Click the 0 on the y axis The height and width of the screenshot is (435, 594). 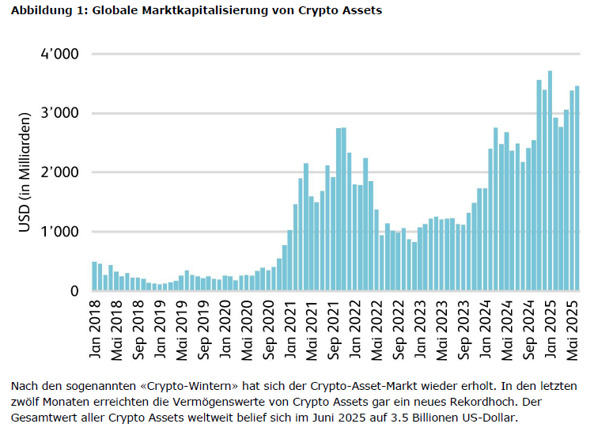coord(74,292)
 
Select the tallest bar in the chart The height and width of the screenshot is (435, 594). coord(550,181)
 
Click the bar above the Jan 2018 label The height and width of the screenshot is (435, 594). coord(95,276)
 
